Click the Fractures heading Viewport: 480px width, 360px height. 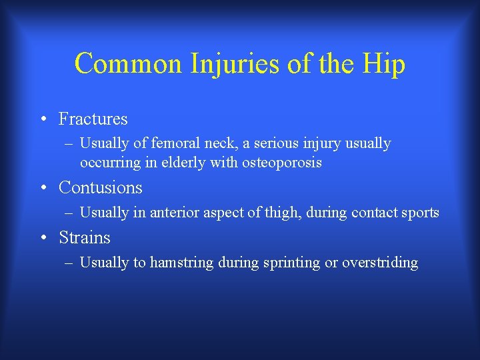[93, 119]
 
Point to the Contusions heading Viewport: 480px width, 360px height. [100, 187]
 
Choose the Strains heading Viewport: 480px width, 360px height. [84, 237]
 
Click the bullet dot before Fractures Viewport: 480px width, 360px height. [43, 120]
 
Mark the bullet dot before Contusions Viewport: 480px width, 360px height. [43, 189]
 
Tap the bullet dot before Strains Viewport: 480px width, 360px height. [43, 239]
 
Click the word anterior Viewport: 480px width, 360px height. [177, 213]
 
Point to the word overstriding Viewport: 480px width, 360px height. [380, 263]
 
